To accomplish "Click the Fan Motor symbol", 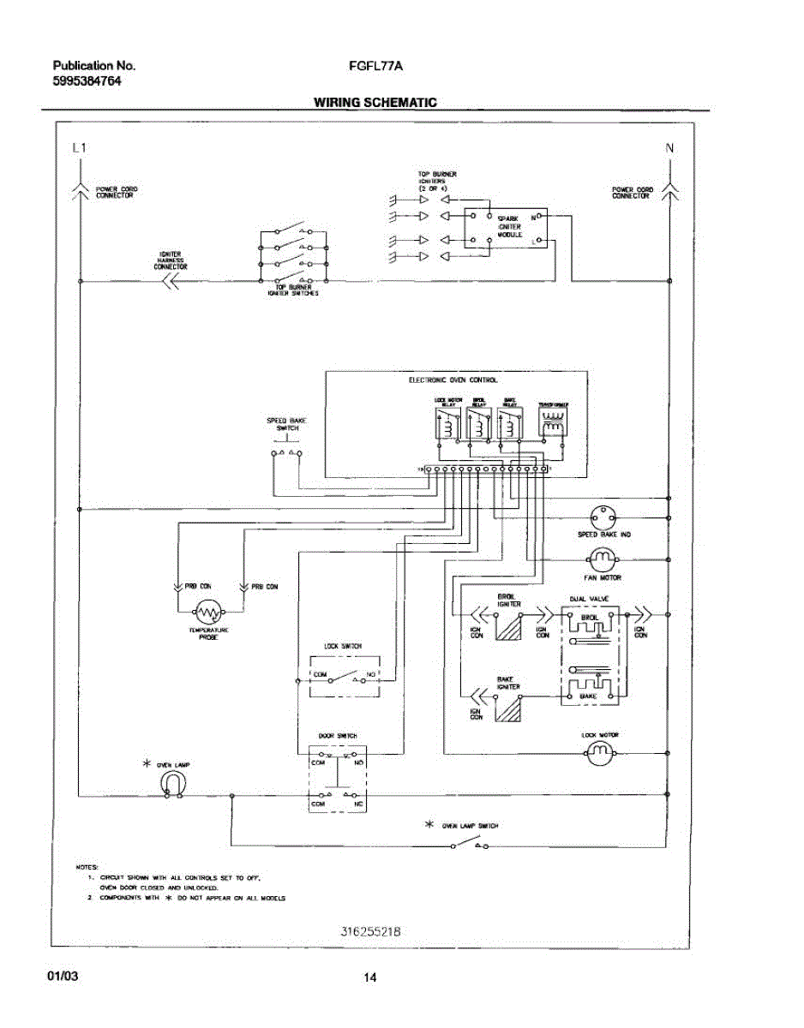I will (x=603, y=559).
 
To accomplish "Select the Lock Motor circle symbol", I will (x=601, y=753).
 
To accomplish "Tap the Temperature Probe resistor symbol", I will (x=208, y=612).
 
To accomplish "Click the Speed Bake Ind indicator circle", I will (x=603, y=517).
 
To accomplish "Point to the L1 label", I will (x=79, y=148).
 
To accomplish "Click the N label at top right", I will (x=669, y=148).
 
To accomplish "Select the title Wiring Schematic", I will (x=375, y=103).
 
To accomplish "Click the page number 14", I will (x=370, y=978).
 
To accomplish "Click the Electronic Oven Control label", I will (x=453, y=380).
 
